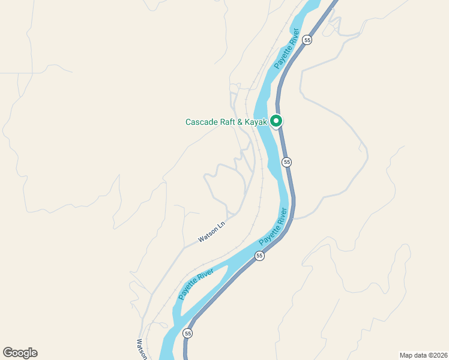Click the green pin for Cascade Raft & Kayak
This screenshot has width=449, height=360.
(x=276, y=121)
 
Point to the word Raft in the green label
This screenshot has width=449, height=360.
(x=229, y=122)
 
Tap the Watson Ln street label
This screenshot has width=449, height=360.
(x=211, y=233)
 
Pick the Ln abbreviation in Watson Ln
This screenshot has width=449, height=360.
(x=221, y=227)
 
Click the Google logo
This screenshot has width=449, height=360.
(x=20, y=353)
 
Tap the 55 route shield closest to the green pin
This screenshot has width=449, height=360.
(x=287, y=162)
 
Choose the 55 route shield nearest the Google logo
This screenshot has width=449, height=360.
(x=188, y=333)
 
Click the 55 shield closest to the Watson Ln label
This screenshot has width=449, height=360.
(x=259, y=256)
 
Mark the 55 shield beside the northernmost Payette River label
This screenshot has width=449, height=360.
(x=307, y=40)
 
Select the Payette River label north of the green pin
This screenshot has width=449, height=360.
(x=286, y=53)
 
